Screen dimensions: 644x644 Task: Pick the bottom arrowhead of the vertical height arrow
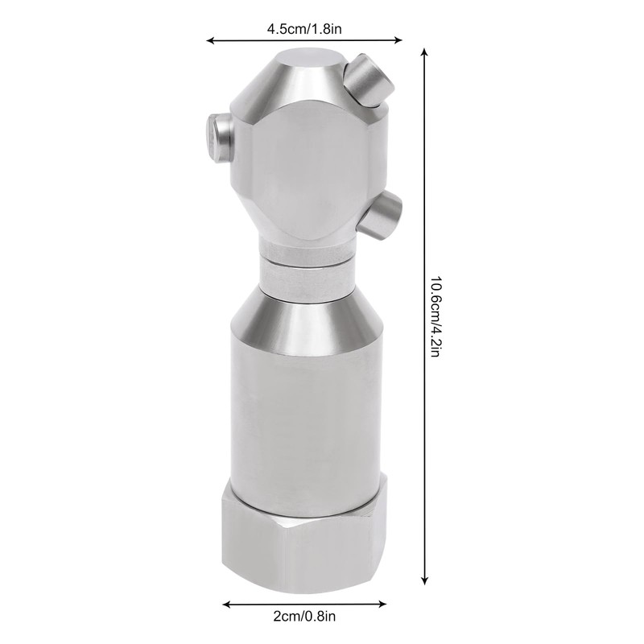(x=423, y=582)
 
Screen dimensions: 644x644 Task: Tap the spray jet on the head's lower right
(x=382, y=213)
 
